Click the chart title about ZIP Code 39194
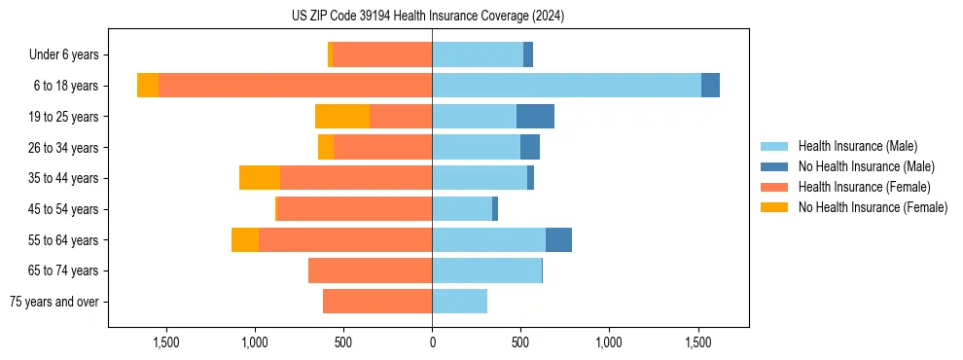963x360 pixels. [428, 17]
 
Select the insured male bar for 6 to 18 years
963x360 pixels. [566, 86]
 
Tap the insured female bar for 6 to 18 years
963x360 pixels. [295, 86]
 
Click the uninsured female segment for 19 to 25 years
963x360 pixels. [342, 117]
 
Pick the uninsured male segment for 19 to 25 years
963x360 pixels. [535, 117]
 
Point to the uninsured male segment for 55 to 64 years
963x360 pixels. [558, 239]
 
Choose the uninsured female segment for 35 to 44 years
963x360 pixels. [260, 178]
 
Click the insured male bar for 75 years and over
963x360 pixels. [459, 302]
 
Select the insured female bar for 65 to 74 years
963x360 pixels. [370, 270]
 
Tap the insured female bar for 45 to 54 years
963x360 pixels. [354, 209]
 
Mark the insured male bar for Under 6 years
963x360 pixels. [478, 54]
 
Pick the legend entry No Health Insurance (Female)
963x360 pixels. [873, 207]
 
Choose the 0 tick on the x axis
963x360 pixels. [432, 342]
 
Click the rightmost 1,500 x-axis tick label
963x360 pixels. [698, 342]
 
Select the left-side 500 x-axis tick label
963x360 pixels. [343, 342]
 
